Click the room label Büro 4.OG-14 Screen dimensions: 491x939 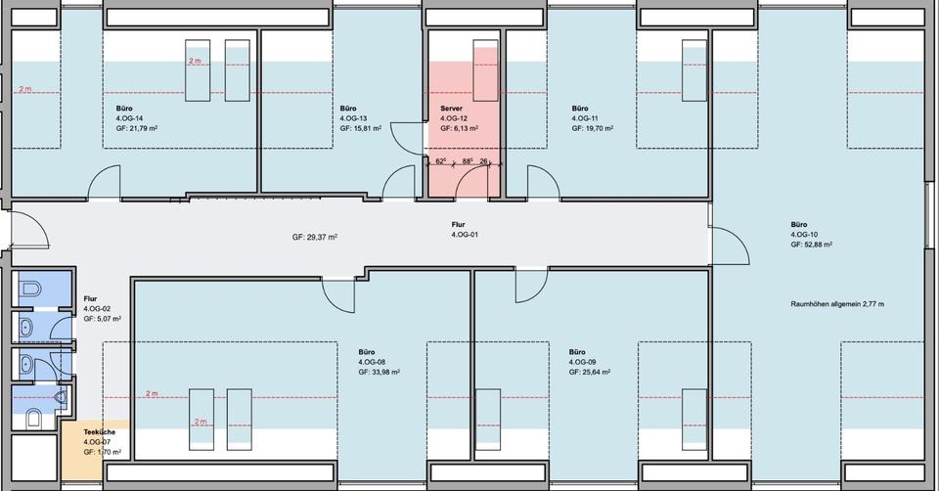pos(129,117)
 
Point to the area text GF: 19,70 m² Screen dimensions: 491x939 pos(592,128)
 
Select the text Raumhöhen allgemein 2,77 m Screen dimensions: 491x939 pos(837,305)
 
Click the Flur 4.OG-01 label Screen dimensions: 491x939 pos(465,230)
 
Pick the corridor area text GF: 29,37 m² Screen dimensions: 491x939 pos(314,238)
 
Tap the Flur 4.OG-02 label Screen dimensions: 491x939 pos(102,308)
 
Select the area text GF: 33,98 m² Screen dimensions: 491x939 pos(379,372)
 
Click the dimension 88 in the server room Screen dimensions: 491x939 pos(467,160)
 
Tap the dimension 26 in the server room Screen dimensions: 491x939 pos(484,160)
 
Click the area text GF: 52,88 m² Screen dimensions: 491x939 pos(811,245)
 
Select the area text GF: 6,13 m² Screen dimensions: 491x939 pos(459,128)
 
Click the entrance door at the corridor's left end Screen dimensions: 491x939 pos(29,230)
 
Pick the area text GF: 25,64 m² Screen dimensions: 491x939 pos(589,372)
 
